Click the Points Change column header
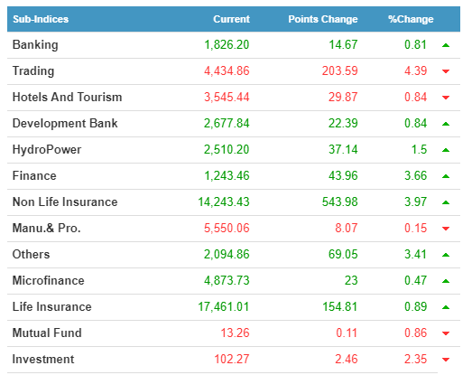click(x=323, y=19)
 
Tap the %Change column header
click(x=411, y=19)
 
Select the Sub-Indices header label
click(x=41, y=19)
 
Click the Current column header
click(x=231, y=19)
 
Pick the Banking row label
click(x=35, y=45)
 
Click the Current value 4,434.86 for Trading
click(x=227, y=71)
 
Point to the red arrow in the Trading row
click(x=446, y=71)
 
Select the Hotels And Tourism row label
click(x=67, y=97)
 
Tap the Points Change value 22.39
click(x=343, y=123)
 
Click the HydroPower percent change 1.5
click(x=419, y=149)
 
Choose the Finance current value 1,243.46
click(x=227, y=175)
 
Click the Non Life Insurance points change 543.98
click(x=340, y=202)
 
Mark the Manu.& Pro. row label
click(x=47, y=229)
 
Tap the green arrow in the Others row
click(x=446, y=255)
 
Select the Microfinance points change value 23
click(x=351, y=281)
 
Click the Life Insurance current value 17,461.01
click(x=223, y=307)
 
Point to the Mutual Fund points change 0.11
click(x=347, y=333)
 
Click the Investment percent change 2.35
click(x=415, y=360)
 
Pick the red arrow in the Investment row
click(x=446, y=360)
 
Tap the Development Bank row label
click(x=65, y=123)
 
